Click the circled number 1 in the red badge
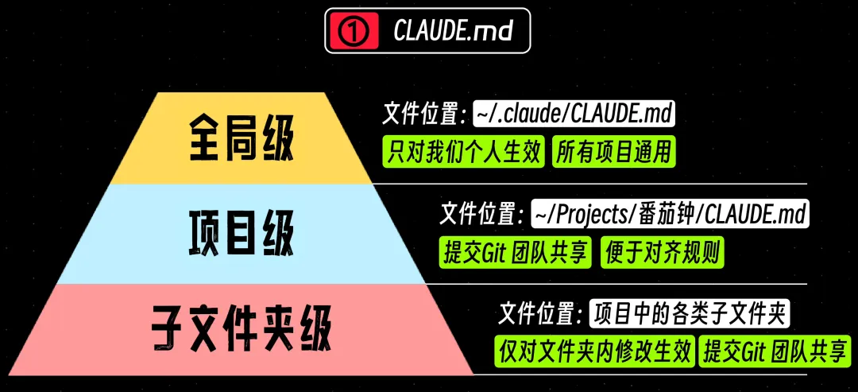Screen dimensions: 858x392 [x=354, y=31]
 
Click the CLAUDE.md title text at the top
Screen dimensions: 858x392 [x=453, y=31]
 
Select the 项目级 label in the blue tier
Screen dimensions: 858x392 [x=242, y=234]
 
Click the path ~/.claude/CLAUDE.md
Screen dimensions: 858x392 [x=574, y=114]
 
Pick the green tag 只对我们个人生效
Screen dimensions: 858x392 [x=463, y=152]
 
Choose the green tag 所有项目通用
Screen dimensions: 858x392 [x=613, y=152]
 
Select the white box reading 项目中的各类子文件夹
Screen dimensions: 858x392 [x=690, y=315]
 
